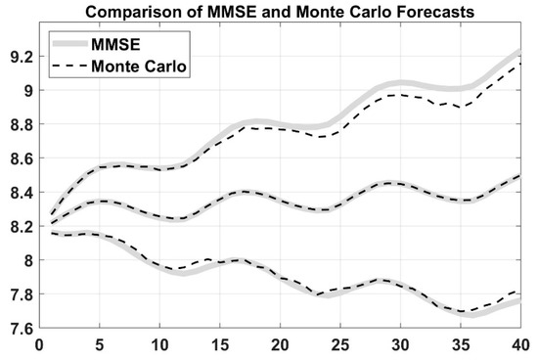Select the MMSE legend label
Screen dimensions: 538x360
[x=115, y=44]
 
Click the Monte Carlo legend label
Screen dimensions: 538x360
[x=139, y=66]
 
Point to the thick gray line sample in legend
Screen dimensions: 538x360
[x=69, y=44]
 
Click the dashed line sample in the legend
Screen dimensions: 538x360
[x=69, y=66]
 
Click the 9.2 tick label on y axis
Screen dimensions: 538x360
[x=22, y=57]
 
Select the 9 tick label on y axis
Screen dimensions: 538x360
[x=29, y=91]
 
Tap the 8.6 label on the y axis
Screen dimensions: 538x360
[x=22, y=158]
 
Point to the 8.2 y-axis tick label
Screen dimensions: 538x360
[x=22, y=227]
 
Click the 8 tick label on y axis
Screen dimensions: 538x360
[x=29, y=261]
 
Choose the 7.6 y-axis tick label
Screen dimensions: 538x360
[x=22, y=329]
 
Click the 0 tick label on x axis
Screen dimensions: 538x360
[x=39, y=345]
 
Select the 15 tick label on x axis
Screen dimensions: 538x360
[x=220, y=345]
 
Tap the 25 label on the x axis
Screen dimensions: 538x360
[x=340, y=345]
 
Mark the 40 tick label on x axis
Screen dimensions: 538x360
[x=520, y=345]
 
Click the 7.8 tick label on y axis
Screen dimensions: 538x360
[x=22, y=294]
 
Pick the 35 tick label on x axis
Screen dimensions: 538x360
[x=461, y=345]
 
